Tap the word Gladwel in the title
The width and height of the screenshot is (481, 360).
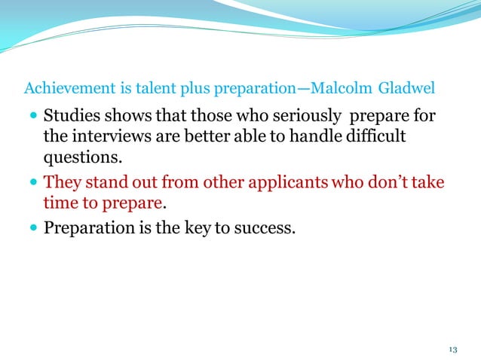[408, 89]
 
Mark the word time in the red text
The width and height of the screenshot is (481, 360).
[60, 204]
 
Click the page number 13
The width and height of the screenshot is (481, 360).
[452, 349]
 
